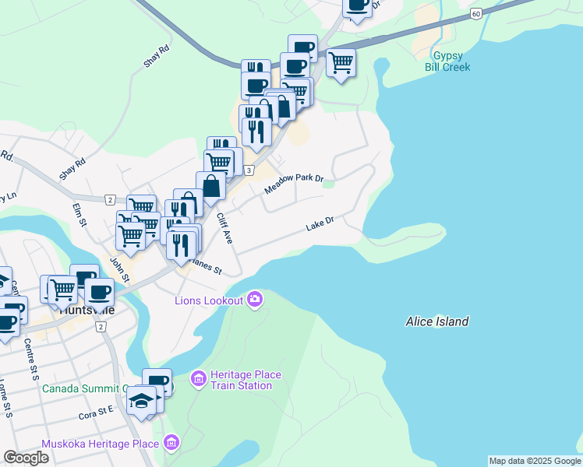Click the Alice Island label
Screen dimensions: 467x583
[x=437, y=321]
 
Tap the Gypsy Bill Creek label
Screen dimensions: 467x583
[x=447, y=62]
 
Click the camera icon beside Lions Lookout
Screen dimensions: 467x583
[x=255, y=299]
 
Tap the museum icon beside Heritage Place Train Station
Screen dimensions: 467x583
[x=198, y=380]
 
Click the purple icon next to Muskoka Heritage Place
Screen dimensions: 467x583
[x=171, y=444]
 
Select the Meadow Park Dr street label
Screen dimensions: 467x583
[x=293, y=183]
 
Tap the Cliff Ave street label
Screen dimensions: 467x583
[x=224, y=228]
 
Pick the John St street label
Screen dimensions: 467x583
[x=118, y=269]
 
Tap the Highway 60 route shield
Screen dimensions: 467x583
[x=475, y=14]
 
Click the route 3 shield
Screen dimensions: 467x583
[x=248, y=170]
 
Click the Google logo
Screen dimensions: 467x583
[x=26, y=458]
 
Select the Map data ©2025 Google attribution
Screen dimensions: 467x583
[x=534, y=461]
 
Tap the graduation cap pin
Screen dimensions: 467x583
[x=141, y=400]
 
